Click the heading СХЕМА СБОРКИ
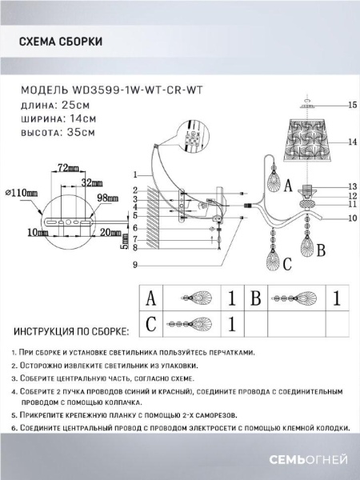tap(60, 43)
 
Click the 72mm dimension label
tap(67, 169)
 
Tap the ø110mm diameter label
tap(20, 193)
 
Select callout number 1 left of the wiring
tap(136, 174)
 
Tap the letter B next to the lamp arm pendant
tap(320, 250)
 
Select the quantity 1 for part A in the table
tap(231, 299)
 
